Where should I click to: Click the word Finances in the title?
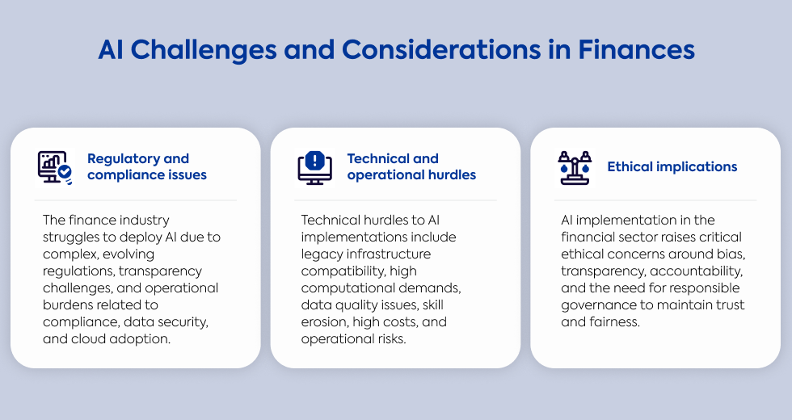click(x=636, y=49)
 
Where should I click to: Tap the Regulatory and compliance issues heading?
click(x=147, y=166)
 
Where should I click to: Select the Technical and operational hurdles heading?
click(x=411, y=166)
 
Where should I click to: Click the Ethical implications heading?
click(x=672, y=166)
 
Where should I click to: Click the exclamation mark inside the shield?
click(x=315, y=161)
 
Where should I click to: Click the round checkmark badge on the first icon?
click(x=65, y=172)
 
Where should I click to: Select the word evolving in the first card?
click(x=126, y=254)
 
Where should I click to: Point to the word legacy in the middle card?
click(x=322, y=254)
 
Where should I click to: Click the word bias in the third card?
click(x=730, y=254)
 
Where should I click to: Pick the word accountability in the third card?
click(x=696, y=271)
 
